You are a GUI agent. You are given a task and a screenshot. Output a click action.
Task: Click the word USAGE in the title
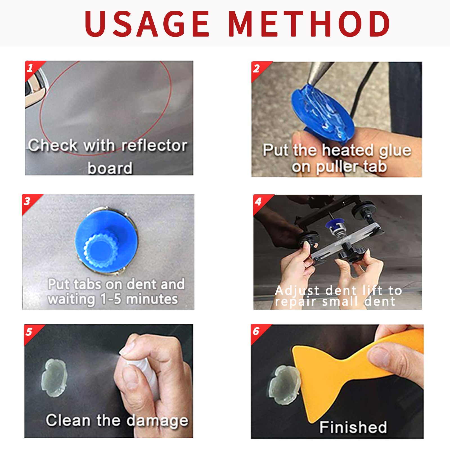[147, 24]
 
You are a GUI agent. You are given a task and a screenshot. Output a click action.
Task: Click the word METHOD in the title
[309, 24]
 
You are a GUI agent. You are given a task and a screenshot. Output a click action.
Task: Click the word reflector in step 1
[154, 145]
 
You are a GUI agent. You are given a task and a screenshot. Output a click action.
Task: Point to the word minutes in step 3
[152, 299]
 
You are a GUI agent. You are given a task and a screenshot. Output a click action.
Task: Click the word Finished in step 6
[353, 427]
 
